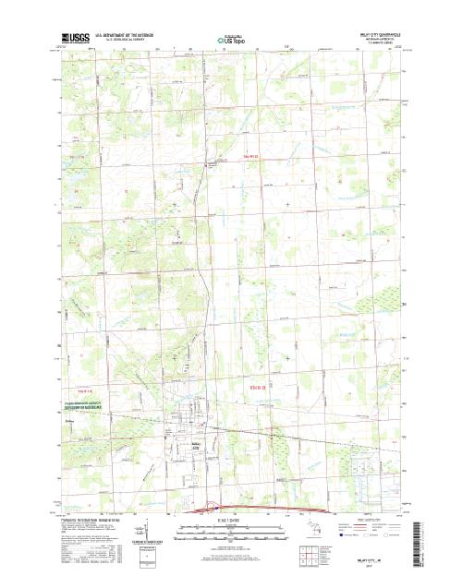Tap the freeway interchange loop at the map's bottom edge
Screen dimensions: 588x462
[214, 506]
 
